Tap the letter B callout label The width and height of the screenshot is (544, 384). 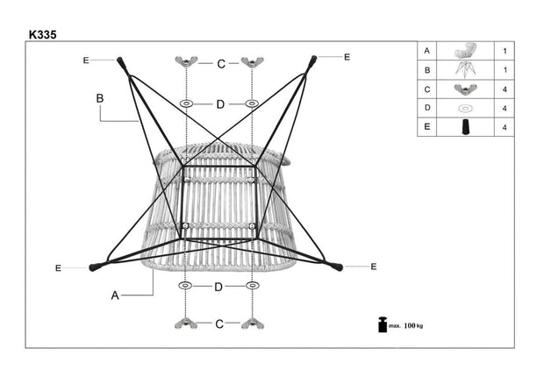(x=100, y=99)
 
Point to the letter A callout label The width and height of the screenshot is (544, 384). (x=115, y=295)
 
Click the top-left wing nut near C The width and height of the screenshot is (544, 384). (x=186, y=62)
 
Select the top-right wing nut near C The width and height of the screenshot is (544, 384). (x=253, y=62)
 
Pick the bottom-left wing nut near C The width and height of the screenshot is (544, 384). (x=186, y=324)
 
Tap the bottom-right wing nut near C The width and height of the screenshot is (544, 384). (x=253, y=324)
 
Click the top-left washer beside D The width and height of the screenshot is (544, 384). (x=186, y=103)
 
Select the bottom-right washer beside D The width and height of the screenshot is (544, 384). (x=253, y=286)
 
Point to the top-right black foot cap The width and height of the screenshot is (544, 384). (x=313, y=60)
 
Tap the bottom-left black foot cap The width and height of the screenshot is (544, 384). (x=94, y=267)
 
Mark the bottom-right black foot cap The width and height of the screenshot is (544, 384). (x=336, y=265)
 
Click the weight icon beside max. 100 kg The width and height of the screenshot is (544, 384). (x=382, y=324)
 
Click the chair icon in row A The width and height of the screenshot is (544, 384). (x=465, y=51)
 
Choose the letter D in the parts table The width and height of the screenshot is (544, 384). (x=426, y=108)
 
